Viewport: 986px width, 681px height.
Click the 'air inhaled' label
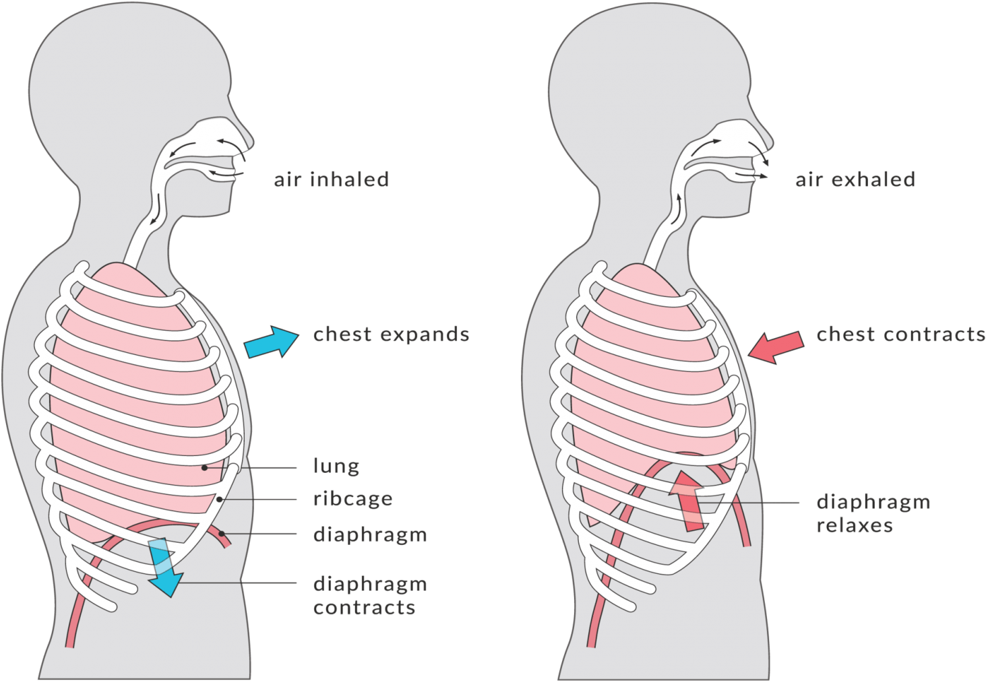pos(332,179)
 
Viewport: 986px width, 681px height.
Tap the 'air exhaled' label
pos(855,179)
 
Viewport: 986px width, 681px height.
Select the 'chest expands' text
pos(392,335)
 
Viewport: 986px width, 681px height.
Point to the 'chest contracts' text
pos(900,335)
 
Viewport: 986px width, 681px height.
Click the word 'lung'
pos(336,466)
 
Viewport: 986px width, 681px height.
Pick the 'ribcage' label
pos(352,499)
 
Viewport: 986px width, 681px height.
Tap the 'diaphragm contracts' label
pos(370,596)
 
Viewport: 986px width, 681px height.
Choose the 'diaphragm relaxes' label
pos(873,513)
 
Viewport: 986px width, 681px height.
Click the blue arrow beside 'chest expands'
pos(272,342)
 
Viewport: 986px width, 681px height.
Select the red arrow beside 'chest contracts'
pos(776,347)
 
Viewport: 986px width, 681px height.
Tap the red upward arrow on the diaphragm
pos(688,500)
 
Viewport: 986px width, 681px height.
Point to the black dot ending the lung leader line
pos(204,467)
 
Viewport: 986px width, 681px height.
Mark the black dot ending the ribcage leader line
pos(219,499)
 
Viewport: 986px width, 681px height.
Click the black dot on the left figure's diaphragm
pos(222,534)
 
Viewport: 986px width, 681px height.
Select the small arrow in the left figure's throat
pos(156,209)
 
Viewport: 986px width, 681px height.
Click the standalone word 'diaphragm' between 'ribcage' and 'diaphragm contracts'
pos(370,536)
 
